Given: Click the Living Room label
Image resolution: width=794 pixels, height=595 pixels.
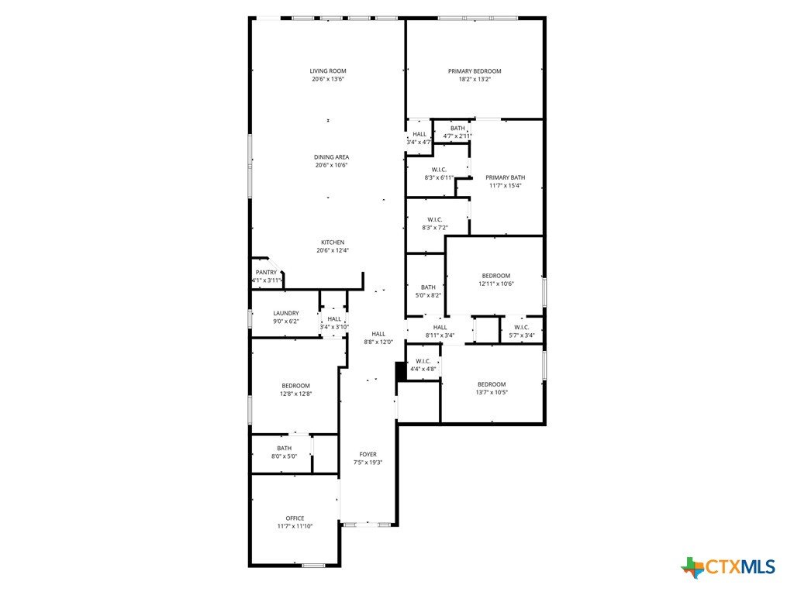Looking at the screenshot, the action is (x=328, y=71).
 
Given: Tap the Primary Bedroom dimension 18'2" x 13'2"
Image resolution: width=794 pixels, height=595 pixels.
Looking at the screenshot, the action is (x=475, y=80).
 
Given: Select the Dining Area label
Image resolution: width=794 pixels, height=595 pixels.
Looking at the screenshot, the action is (x=332, y=157).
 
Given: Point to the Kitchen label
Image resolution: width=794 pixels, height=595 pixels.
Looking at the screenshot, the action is (x=333, y=242).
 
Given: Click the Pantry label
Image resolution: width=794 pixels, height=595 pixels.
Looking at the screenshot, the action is (x=267, y=272).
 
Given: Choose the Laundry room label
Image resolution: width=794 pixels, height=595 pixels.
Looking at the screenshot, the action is (x=286, y=313).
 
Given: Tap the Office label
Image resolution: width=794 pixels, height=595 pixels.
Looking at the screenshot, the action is (x=295, y=518).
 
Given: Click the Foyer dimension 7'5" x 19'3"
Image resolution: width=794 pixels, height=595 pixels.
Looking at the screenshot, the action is (x=368, y=463).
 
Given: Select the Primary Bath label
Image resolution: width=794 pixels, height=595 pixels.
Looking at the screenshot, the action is (x=506, y=177).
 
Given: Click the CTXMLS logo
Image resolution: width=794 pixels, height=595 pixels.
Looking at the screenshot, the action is (x=728, y=566).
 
